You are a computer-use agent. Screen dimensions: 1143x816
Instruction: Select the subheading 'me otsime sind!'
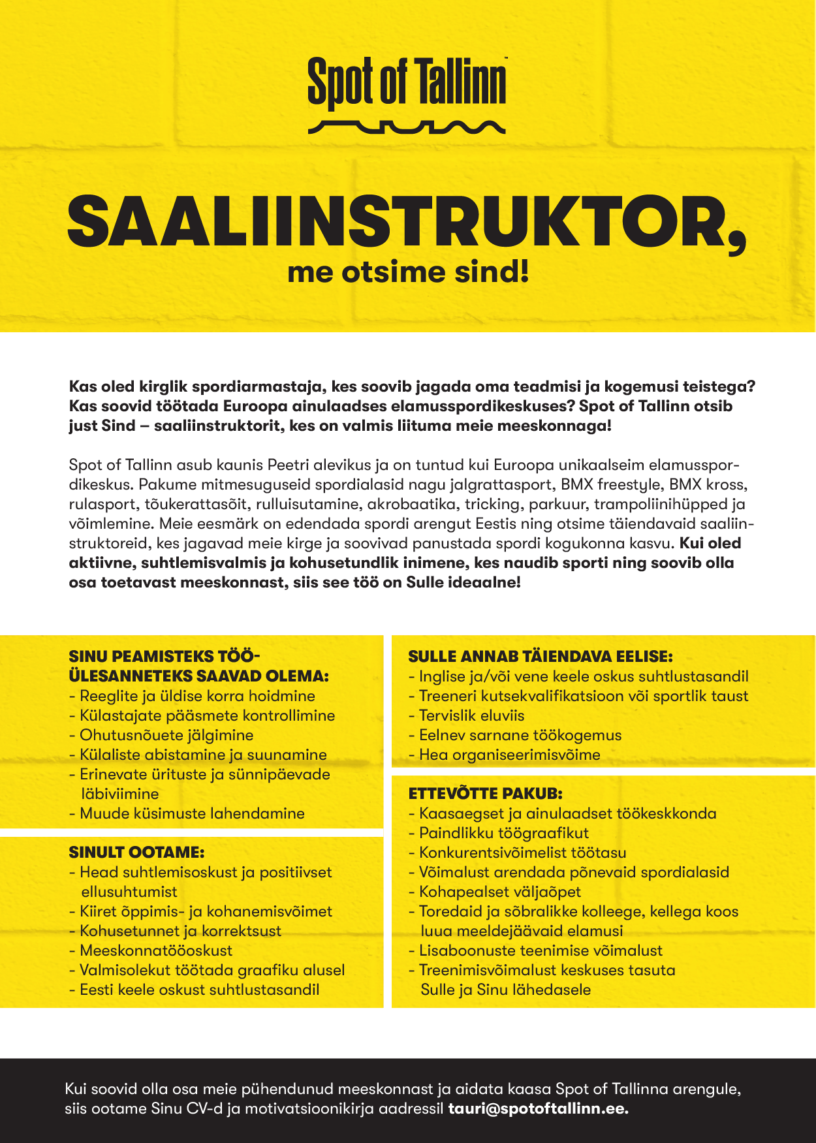tap(407, 272)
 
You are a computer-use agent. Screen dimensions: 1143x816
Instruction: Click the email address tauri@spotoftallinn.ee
tap(538, 1108)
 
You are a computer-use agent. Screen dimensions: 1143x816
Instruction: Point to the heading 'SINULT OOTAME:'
tap(137, 852)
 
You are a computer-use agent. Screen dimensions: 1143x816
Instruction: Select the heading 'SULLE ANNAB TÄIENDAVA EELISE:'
tap(541, 656)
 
